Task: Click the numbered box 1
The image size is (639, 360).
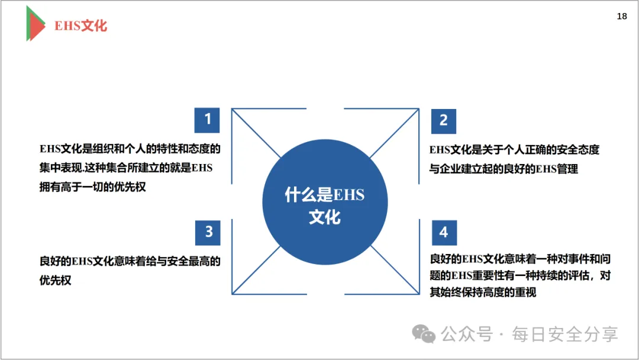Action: tap(207, 120)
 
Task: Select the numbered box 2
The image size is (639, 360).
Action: tap(444, 120)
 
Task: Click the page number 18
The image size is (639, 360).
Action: tap(622, 17)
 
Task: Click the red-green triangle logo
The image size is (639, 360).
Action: tap(35, 23)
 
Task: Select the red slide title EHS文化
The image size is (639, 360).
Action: tap(81, 26)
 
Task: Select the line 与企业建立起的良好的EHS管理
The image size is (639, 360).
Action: tap(504, 169)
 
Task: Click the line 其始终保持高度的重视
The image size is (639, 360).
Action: tap(483, 292)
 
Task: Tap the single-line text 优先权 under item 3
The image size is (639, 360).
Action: tap(56, 280)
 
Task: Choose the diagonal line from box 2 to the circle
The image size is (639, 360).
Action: tap(395, 133)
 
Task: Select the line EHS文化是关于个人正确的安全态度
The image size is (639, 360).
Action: tap(514, 150)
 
